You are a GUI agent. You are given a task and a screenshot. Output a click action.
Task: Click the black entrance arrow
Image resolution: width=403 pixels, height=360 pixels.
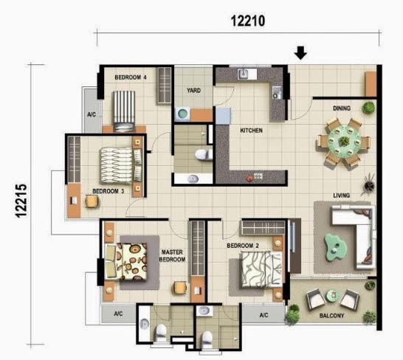tap(300, 53)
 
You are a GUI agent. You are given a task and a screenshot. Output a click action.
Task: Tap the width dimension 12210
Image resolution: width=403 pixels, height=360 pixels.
tap(248, 21)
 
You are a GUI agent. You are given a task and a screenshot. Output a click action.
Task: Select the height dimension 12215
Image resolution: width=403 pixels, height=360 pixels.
tap(21, 201)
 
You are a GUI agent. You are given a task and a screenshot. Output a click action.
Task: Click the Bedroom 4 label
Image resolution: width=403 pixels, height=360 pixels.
tap(131, 77)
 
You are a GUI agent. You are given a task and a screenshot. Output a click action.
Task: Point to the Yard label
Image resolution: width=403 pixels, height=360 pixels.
tap(194, 91)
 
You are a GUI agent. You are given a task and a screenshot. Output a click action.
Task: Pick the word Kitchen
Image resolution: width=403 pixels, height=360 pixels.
tap(252, 131)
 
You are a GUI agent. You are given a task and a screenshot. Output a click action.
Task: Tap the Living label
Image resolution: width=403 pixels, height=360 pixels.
tap(342, 195)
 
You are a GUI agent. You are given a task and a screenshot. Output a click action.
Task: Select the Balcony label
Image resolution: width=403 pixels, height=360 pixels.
tap(331, 316)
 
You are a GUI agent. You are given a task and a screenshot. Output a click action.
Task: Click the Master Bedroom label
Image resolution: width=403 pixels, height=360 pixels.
tap(172, 256)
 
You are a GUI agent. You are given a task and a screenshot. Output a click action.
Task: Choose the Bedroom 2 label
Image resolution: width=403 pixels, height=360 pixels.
tap(243, 246)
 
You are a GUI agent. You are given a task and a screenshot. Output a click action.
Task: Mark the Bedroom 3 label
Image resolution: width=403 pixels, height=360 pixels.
tap(108, 191)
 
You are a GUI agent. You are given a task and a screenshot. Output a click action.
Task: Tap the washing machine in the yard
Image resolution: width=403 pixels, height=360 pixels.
tap(182, 114)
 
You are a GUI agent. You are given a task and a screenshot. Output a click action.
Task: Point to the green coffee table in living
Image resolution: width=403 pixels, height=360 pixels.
tap(335, 247)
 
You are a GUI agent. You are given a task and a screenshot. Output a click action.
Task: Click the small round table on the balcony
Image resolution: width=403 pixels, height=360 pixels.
tap(333, 296)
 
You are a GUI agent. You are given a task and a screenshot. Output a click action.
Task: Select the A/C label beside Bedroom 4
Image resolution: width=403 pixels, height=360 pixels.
tap(92, 114)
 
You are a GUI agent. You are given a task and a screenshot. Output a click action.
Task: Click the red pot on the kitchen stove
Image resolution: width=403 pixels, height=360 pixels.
tap(249, 179)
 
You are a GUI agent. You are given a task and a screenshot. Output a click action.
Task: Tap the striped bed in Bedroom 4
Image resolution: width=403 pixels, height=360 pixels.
tap(124, 111)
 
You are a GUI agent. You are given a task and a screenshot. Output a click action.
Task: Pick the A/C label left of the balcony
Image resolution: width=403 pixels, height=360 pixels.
tap(263, 315)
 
